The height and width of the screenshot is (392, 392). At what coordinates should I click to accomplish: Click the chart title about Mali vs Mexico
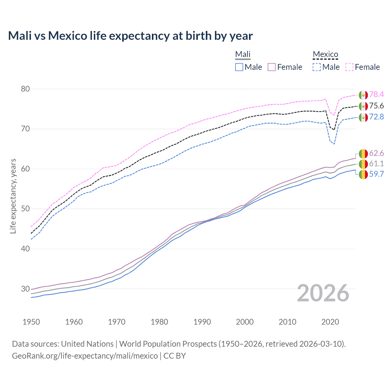point(130,36)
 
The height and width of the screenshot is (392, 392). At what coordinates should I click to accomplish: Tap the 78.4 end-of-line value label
point(376,95)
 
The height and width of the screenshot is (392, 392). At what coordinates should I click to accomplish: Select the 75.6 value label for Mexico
point(376,106)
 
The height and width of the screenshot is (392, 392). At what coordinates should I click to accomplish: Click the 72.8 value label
point(376,117)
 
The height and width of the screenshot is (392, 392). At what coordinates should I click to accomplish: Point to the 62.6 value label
point(376,153)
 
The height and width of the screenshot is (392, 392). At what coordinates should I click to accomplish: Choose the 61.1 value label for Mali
point(376,164)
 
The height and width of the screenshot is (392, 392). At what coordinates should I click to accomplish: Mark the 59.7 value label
point(376,174)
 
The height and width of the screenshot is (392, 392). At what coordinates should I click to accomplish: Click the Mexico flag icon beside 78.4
point(363,95)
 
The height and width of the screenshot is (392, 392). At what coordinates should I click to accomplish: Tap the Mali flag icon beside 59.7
point(363,175)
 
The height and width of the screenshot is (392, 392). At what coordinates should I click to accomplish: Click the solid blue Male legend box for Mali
point(239,67)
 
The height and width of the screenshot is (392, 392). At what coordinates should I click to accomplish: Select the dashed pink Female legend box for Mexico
point(349,67)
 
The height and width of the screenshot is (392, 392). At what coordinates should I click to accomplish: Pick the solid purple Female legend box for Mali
point(272,67)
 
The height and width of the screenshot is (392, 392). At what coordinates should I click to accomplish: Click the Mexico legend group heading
point(325,55)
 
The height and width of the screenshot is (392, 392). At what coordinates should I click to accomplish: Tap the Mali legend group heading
point(243,55)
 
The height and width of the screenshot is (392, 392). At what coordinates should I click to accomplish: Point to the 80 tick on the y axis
point(25,89)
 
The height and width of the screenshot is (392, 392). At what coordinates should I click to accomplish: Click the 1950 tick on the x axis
point(31,322)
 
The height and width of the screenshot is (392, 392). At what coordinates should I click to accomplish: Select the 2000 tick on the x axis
point(245,322)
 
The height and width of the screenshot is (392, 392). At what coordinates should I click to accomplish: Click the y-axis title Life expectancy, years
point(13,196)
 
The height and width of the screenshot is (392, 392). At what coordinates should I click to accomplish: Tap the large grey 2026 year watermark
point(323,293)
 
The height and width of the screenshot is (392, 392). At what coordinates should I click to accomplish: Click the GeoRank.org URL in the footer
point(85,356)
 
